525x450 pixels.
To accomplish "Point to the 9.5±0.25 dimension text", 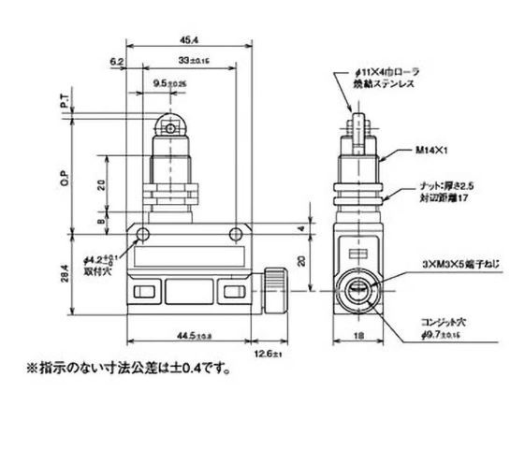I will tap(169, 84).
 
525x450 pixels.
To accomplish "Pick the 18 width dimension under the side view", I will tap(358, 333).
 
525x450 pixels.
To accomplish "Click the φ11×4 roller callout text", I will tap(393, 73).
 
